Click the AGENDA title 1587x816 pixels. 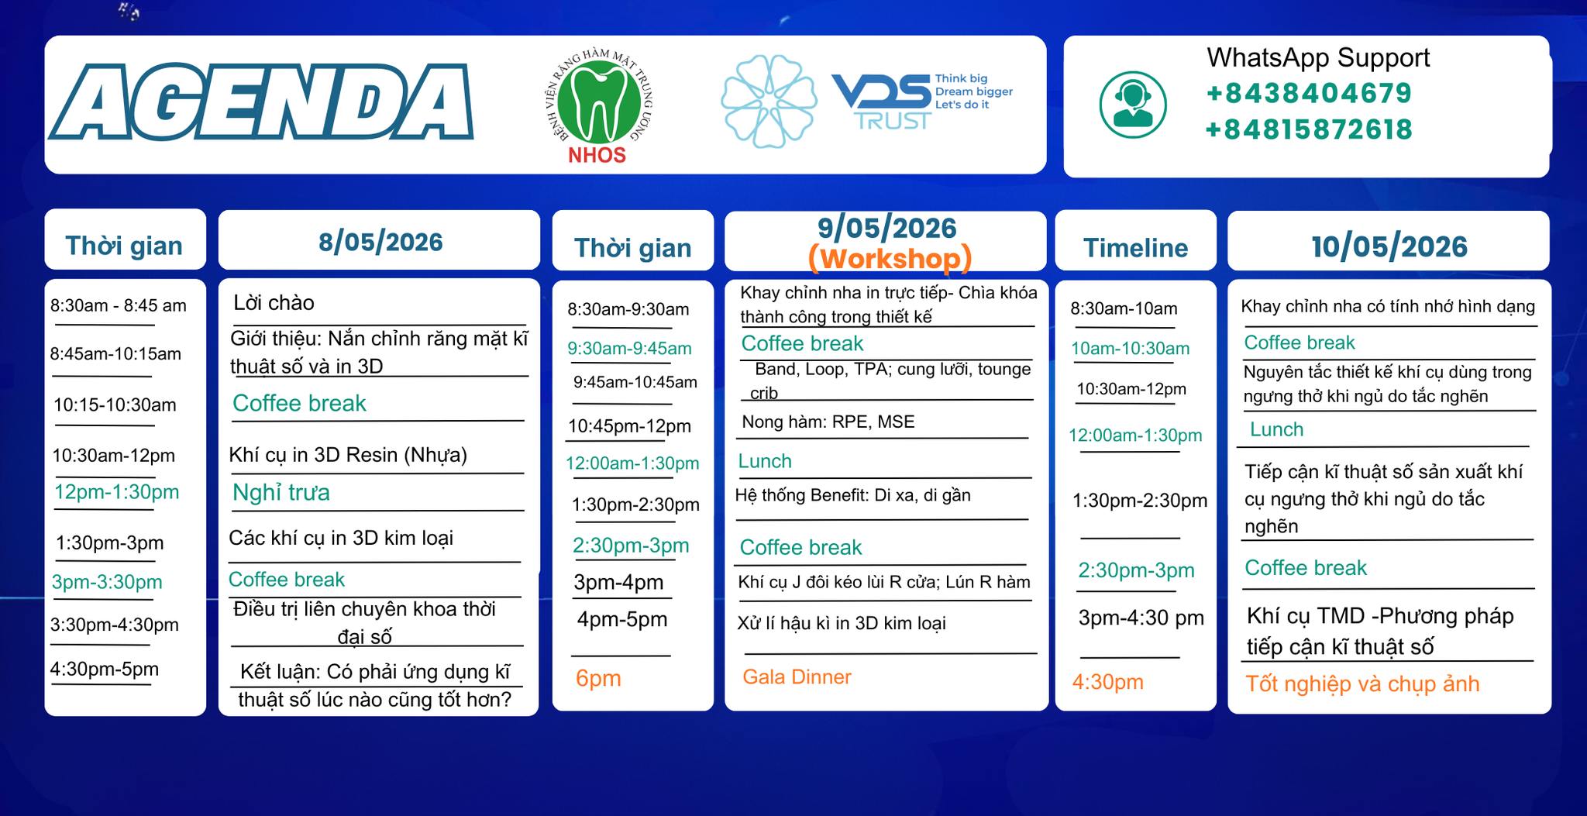pyautogui.click(x=262, y=102)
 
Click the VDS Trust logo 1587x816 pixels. pyautogui.click(x=922, y=102)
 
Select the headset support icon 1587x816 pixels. pyautogui.click(x=1133, y=105)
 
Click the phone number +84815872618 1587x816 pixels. pyautogui.click(x=1309, y=129)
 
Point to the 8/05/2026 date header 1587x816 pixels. pyautogui.click(x=380, y=242)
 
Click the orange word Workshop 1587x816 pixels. pyautogui.click(x=890, y=258)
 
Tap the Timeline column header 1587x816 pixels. pyautogui.click(x=1135, y=247)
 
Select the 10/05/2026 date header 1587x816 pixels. pyautogui.click(x=1389, y=246)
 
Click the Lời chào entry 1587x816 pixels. pyautogui.click(x=274, y=302)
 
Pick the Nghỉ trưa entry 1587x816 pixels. pyautogui.click(x=281, y=492)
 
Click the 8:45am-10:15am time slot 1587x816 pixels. pyautogui.click(x=115, y=353)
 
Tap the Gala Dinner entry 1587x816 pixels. pyautogui.click(x=797, y=677)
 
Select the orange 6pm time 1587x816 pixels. pyautogui.click(x=598, y=678)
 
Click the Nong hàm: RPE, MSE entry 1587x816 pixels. pyautogui.click(x=828, y=422)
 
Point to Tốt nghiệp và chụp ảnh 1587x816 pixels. pyautogui.click(x=1362, y=683)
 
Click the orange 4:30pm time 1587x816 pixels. pyautogui.click(x=1107, y=682)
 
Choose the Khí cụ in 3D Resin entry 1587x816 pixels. pyautogui.click(x=348, y=455)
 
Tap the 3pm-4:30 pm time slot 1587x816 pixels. pyautogui.click(x=1141, y=618)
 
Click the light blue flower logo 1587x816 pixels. pyautogui.click(x=769, y=102)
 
